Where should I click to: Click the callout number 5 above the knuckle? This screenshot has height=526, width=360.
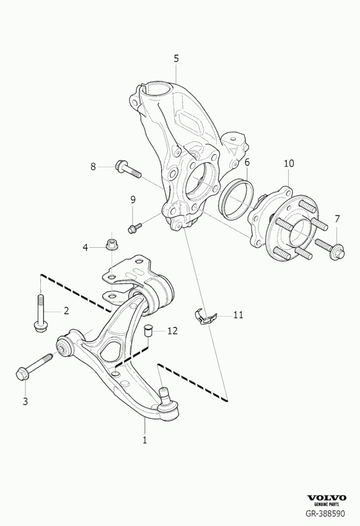176,59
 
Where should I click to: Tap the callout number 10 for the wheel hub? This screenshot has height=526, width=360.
289,164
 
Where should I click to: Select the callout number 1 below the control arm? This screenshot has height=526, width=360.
144,440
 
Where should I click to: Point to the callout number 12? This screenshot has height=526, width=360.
172,331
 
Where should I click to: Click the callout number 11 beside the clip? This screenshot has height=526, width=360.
238,315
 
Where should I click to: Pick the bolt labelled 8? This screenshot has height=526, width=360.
128,169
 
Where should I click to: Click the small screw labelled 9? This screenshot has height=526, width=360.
135,227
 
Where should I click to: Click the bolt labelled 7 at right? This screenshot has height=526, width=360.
330,250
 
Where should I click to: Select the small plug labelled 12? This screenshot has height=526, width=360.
148,330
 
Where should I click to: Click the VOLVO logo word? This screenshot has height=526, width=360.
327,498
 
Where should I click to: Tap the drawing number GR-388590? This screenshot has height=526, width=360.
325,513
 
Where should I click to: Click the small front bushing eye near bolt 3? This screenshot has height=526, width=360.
64,346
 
